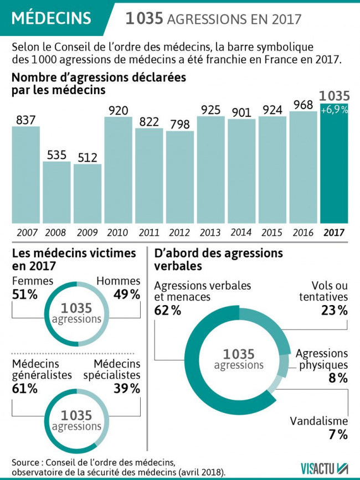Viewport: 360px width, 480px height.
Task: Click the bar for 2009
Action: pyautogui.click(x=88, y=194)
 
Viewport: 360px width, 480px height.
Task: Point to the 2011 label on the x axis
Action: pyautogui.click(x=149, y=233)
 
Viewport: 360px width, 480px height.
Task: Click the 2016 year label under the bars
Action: pyautogui.click(x=303, y=233)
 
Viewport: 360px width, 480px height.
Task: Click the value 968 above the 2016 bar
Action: pyautogui.click(x=303, y=104)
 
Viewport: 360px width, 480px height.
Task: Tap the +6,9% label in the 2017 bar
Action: pyautogui.click(x=334, y=110)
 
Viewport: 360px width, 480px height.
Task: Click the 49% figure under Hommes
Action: pyautogui.click(x=127, y=295)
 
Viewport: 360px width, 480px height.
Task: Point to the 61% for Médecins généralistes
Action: pyautogui.click(x=25, y=388)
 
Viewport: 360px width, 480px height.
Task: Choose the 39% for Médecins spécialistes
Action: pyautogui.click(x=127, y=388)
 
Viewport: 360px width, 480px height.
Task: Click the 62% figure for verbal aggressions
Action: pyautogui.click(x=168, y=310)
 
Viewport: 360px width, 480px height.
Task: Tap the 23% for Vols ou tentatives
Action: pyautogui.click(x=334, y=310)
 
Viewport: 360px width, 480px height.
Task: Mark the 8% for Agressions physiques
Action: pyautogui.click(x=338, y=378)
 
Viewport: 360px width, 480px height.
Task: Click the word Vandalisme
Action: pyautogui.click(x=319, y=421)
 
